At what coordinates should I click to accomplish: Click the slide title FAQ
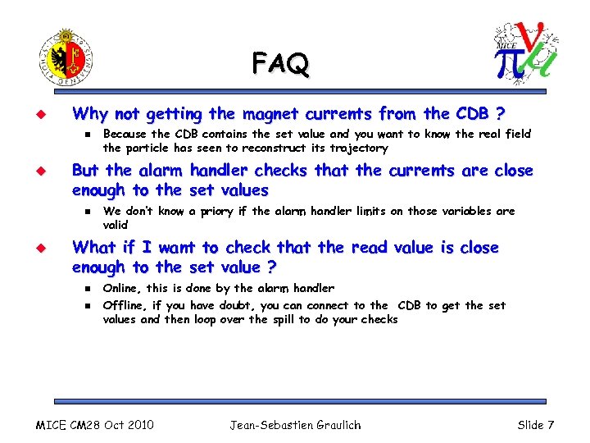pos(281,62)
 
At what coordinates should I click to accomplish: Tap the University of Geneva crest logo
pos(66,57)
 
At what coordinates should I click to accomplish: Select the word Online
pos(121,288)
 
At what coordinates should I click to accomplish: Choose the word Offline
pos(124,305)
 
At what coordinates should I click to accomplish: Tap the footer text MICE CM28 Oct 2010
pos(95,425)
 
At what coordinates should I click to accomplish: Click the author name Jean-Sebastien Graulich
pos(295,425)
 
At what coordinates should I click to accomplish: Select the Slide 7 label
pos(536,425)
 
